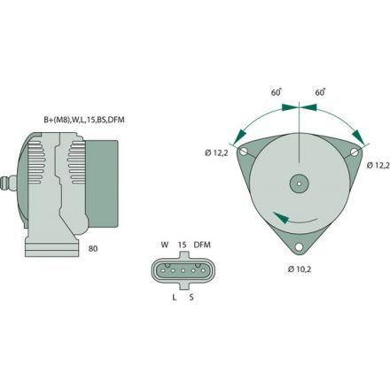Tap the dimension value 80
point(93,249)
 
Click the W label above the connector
point(164,246)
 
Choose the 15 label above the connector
point(182,246)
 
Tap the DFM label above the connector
point(203,246)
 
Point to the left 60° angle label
point(276,92)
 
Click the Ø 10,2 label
point(299,268)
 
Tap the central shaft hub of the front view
point(300,184)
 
